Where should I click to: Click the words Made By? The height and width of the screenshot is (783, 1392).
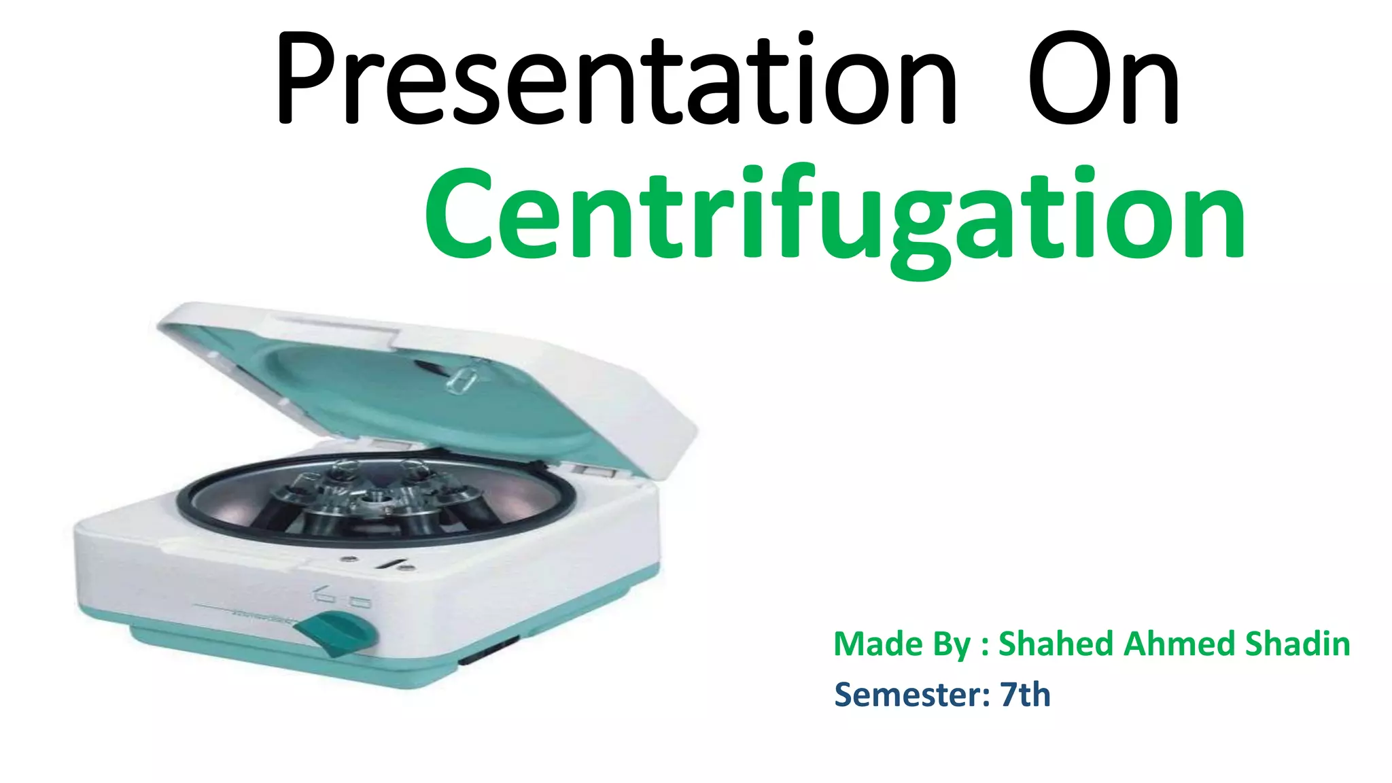(x=901, y=644)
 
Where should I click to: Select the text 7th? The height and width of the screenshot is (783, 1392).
(x=1025, y=695)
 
